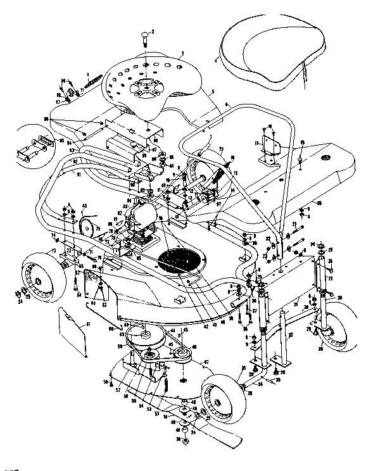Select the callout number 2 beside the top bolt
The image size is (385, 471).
(153, 30)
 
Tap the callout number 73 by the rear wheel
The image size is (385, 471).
(55, 251)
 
